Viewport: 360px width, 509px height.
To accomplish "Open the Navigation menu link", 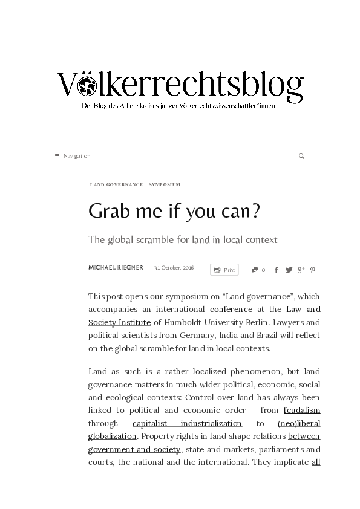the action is (73, 156).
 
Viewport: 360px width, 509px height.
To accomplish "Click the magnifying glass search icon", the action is (301, 156).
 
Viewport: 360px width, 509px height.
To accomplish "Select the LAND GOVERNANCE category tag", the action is (116, 184).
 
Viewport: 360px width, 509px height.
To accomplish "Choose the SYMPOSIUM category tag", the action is (165, 184).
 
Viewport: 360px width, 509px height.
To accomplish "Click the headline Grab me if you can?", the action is (174, 211).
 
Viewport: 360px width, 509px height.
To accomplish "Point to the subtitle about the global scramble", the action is (183, 239).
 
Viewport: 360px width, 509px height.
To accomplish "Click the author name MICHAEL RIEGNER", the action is (116, 268).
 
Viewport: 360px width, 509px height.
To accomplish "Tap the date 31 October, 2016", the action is (174, 268).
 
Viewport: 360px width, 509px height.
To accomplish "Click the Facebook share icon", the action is (277, 270).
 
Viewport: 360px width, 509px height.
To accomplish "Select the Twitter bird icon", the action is (289, 270).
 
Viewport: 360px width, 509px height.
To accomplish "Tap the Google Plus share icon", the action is (301, 270).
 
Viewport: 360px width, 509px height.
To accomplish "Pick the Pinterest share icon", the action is (313, 270).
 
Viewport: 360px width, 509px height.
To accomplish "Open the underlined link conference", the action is (231, 310).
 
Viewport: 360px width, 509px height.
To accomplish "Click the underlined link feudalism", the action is (302, 410).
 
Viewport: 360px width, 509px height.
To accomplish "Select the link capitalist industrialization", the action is (187, 423).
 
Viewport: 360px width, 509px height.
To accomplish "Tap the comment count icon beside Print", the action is (255, 270).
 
